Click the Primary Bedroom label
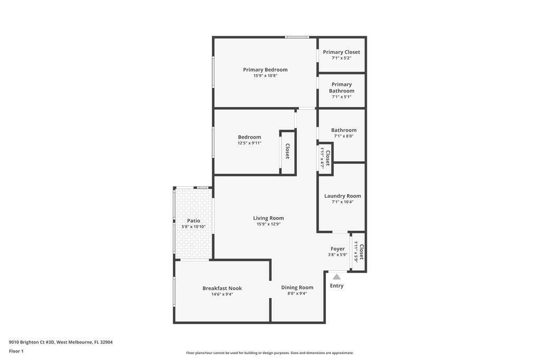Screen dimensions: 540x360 (265, 70)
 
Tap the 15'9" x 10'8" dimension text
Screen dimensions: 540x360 (265, 76)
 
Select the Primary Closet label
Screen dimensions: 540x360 (341, 52)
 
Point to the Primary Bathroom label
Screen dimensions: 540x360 (341, 87)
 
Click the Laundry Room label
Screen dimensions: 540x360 (343, 196)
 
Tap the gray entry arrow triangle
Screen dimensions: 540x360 (337, 277)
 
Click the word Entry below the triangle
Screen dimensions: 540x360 (336, 286)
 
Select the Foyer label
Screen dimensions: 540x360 (337, 248)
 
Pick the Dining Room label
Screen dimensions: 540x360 (297, 287)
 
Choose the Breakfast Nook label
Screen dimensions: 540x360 (222, 288)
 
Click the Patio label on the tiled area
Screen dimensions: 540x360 (194, 221)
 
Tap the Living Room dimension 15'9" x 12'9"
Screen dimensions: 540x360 (268, 224)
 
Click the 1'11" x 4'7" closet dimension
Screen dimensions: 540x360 (322, 157)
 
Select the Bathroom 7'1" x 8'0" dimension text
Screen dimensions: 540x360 (344, 136)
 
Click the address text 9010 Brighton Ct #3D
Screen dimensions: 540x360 (32, 342)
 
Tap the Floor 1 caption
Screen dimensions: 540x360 (16, 351)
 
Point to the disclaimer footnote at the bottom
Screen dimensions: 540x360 (269, 353)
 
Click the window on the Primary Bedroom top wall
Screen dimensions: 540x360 (297, 37)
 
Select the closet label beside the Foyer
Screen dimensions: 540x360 (361, 252)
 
